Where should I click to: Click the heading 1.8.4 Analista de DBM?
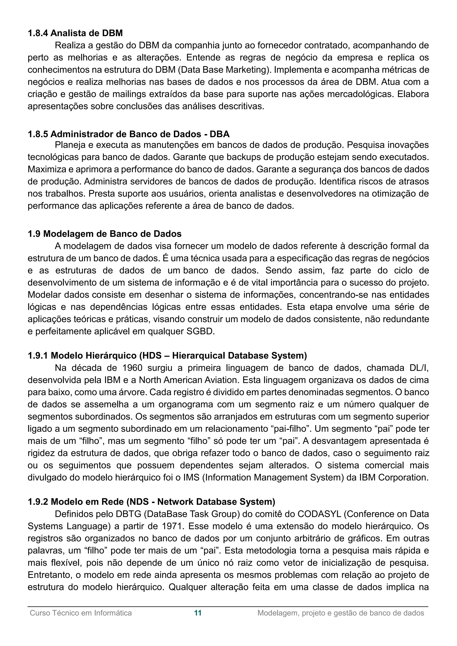[x=75, y=33]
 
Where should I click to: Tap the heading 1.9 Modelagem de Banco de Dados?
[x=104, y=234]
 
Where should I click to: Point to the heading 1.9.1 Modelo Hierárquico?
[x=167, y=356]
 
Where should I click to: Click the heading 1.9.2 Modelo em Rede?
[x=151, y=502]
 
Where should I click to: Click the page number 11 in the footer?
[x=198, y=613]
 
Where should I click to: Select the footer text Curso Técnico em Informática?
[x=81, y=613]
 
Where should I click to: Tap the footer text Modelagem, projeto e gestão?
[x=341, y=613]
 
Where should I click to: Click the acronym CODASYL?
[x=319, y=514]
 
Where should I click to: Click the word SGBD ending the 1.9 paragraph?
[x=200, y=331]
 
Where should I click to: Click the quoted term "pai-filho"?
[x=291, y=429]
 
